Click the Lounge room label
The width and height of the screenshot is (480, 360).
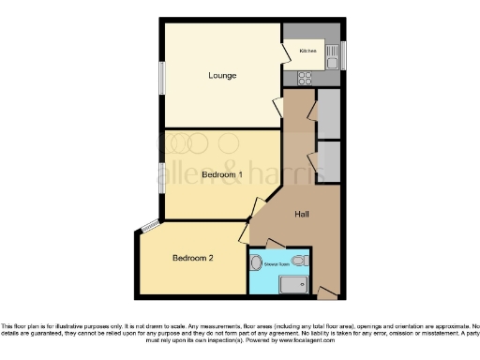[222, 75]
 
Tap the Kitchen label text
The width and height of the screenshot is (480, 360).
[307, 50]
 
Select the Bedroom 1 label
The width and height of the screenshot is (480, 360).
[222, 174]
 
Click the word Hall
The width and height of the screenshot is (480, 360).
[302, 215]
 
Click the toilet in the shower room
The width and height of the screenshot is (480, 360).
[299, 260]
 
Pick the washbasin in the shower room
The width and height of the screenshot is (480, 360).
[256, 262]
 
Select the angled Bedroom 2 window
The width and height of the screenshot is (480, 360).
[149, 225]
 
